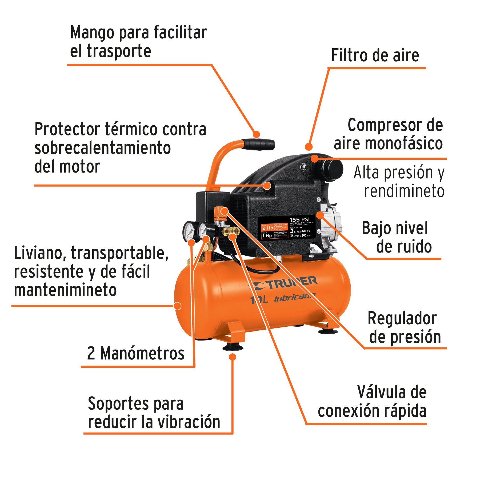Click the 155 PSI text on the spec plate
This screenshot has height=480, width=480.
pos(299,219)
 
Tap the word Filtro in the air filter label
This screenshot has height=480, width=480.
pos(349,55)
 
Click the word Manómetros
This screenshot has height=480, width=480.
pos(142,354)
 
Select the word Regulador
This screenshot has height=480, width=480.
pos(402,319)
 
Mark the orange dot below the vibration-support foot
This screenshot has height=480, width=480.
pos(233,357)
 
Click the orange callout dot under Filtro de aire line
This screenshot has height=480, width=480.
pos(309,146)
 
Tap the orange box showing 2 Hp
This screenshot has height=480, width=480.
pos(267,228)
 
